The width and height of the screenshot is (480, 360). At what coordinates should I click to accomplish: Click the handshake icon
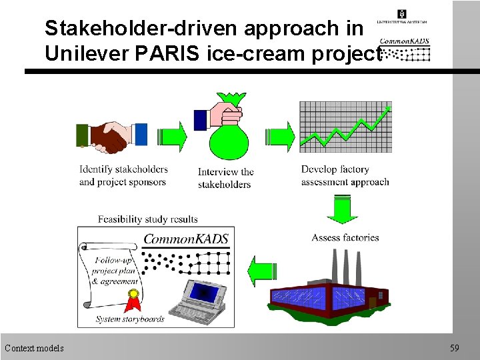pos(111,137)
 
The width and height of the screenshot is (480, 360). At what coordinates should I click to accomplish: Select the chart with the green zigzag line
pos(345,127)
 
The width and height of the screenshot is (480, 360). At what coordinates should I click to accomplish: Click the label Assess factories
pos(345,237)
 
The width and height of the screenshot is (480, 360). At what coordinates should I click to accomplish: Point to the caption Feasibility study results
pos(147,219)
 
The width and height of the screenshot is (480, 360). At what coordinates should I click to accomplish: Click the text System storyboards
pos(130,319)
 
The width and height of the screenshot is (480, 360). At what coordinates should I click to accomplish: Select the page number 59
pos(455,348)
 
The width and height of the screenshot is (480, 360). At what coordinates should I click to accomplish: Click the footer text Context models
pos(34,348)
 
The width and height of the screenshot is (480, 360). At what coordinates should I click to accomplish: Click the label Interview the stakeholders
pos(225,177)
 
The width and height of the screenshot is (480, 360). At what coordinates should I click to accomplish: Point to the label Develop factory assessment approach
pos(345,175)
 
